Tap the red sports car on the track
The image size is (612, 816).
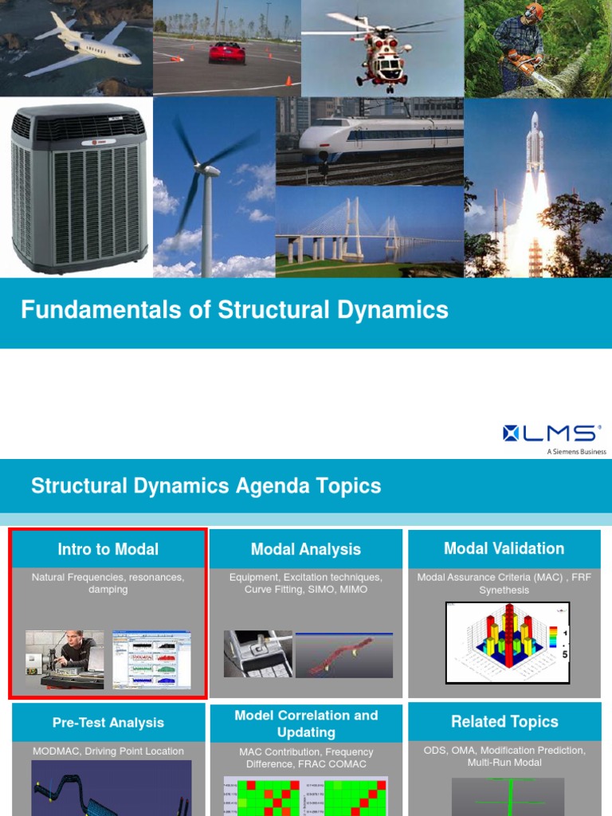tap(227, 53)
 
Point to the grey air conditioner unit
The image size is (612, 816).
tap(79, 188)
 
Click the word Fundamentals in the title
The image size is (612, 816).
tap(89, 310)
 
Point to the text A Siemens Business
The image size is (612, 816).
tap(575, 452)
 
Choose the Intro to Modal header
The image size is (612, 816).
tap(108, 549)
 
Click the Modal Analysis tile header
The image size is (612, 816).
tap(305, 549)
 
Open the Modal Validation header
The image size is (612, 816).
tap(504, 548)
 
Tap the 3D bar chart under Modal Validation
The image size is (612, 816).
tap(508, 642)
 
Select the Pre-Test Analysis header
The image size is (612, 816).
tap(108, 723)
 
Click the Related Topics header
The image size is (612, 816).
tap(504, 722)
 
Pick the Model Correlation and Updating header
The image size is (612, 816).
tap(305, 724)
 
